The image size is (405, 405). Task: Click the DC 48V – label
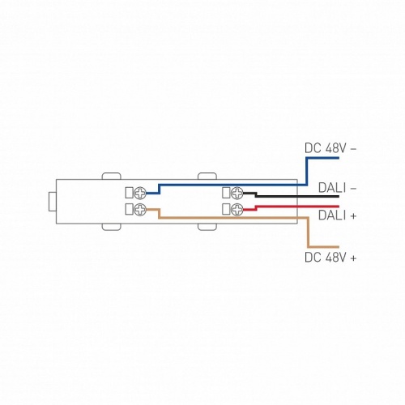pyautogui.click(x=330, y=148)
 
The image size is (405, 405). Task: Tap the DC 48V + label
pyautogui.click(x=330, y=258)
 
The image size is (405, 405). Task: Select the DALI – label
pyautogui.click(x=337, y=188)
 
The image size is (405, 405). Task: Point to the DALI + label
pyautogui.click(x=337, y=215)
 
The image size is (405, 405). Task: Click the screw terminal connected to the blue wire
pyautogui.click(x=140, y=193)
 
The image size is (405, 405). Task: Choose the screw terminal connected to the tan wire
pyautogui.click(x=140, y=210)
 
